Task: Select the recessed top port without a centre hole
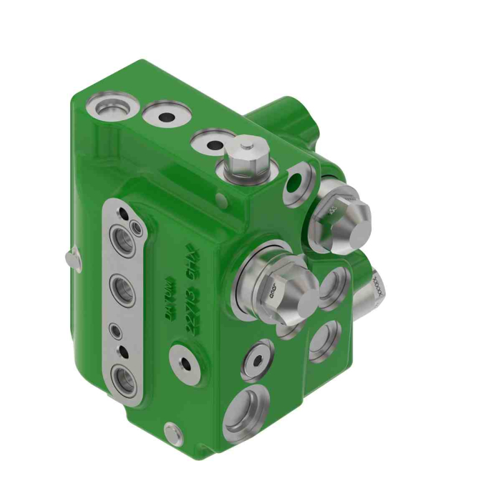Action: [109, 109]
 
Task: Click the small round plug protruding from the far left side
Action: [69, 258]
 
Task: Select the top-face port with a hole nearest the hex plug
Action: [214, 143]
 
